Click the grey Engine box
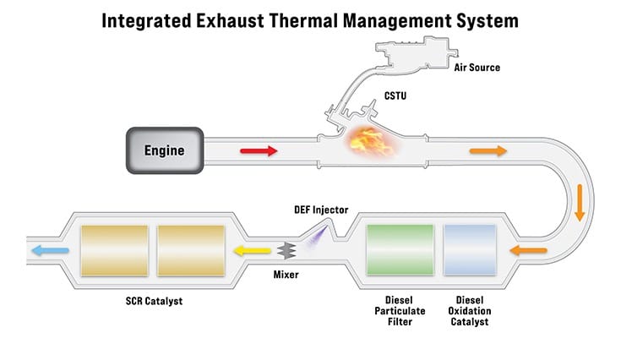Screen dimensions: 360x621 [x=165, y=152]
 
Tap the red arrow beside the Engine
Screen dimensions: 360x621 [x=259, y=151]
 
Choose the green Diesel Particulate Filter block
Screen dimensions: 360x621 [x=400, y=249]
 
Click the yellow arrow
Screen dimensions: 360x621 [x=253, y=250]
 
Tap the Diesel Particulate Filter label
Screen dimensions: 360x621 [x=400, y=311]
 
